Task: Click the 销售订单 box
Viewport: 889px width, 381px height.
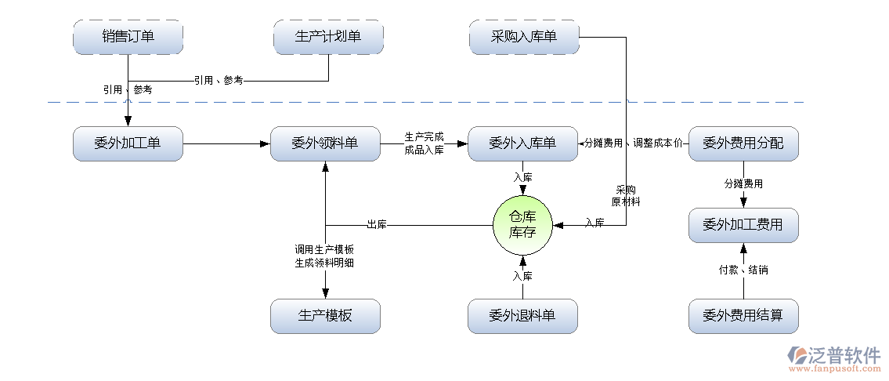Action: point(128,36)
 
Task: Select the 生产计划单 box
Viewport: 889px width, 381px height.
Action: point(328,36)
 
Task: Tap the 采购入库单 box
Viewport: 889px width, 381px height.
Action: point(523,36)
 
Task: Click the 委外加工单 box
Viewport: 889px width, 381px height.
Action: point(128,143)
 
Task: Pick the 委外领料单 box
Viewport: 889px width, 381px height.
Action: point(325,143)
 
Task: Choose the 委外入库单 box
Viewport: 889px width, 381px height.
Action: point(522,143)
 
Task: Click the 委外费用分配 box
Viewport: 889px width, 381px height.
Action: point(743,143)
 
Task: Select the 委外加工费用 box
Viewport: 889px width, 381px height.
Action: point(743,225)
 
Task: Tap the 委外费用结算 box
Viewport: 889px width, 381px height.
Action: point(743,316)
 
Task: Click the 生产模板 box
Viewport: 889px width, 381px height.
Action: point(325,316)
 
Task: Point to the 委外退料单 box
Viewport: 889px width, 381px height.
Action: point(522,316)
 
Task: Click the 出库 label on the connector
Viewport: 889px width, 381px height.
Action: point(376,225)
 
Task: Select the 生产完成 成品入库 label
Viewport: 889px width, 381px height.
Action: point(424,143)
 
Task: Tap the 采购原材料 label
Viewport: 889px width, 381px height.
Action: point(627,195)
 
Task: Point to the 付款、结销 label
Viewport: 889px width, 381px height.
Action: point(743,270)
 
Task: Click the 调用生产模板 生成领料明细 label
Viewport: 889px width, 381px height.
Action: point(324,256)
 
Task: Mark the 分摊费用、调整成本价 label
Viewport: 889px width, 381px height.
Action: point(634,143)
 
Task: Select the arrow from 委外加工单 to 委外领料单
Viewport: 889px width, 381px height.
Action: point(226,143)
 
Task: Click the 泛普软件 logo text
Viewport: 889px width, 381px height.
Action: point(842,354)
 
